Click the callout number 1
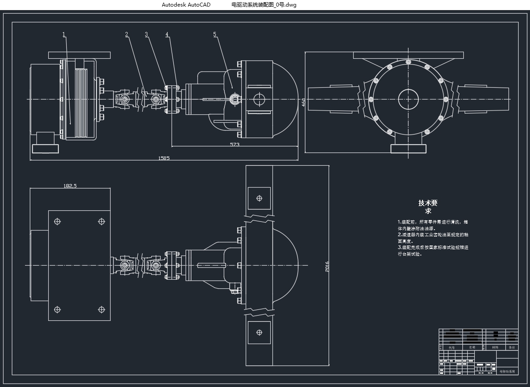[64, 34]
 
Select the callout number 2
[127, 34]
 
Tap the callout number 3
[147, 34]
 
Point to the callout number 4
[167, 34]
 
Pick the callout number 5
[215, 34]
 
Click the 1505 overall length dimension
[164, 158]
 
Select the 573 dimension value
[235, 144]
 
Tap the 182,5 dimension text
[70, 186]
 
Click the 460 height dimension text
[303, 103]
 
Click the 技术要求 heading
[428, 206]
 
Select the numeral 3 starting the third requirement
[399, 248]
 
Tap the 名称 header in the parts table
[472, 347]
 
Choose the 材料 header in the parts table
[495, 347]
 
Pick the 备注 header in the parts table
[512, 347]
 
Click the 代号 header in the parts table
[451, 347]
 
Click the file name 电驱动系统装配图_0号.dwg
[264, 5]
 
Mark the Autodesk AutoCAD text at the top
[186, 5]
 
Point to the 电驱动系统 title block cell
[507, 371]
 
